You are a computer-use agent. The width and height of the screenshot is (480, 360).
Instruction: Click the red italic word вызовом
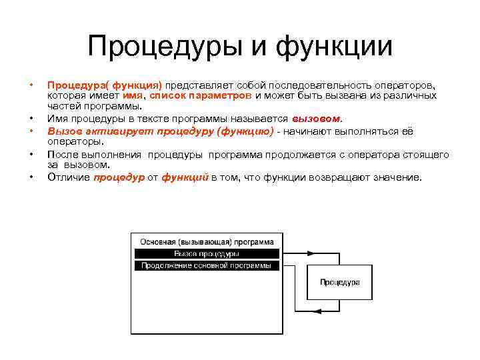(x=317, y=119)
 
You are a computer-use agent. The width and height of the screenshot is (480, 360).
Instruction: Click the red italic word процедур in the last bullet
(x=119, y=177)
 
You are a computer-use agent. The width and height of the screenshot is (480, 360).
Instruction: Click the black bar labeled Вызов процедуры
(x=206, y=253)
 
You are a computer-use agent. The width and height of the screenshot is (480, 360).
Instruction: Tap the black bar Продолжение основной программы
(x=206, y=265)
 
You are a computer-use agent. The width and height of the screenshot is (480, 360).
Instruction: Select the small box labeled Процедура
(x=339, y=282)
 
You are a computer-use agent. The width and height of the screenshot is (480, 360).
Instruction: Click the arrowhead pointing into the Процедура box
(x=305, y=266)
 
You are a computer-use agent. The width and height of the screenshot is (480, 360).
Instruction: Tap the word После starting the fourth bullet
(x=61, y=154)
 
